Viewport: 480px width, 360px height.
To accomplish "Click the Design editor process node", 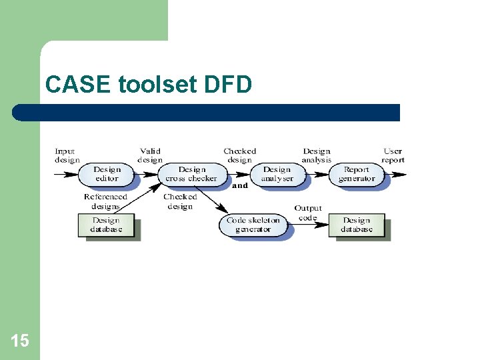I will [107, 174].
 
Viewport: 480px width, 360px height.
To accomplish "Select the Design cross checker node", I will [191, 174].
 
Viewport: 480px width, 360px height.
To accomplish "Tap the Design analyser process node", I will [277, 174].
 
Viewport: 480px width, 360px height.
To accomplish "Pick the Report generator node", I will [357, 174].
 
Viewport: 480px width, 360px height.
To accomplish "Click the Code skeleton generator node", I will [253, 225].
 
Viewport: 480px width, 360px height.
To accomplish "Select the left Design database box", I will [107, 225].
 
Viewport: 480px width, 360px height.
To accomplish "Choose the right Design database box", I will [357, 225].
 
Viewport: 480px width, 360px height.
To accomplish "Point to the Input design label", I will [66, 155].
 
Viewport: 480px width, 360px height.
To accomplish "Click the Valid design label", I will [150, 155].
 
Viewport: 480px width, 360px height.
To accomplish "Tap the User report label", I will [393, 155].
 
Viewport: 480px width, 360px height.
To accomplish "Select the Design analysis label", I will [317, 155].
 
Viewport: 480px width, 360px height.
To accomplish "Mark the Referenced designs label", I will [105, 201].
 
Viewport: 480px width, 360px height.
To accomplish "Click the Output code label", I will [308, 213].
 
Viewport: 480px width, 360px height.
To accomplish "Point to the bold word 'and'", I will [240, 186].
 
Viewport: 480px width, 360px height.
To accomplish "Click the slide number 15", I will [20, 341].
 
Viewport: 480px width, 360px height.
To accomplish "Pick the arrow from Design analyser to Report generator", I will [318, 175].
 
